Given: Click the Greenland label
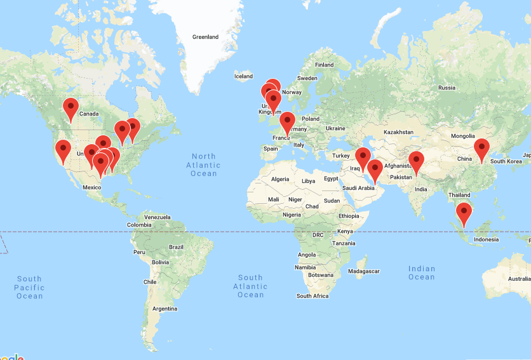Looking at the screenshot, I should [205, 37].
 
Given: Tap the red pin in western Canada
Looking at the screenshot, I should [71, 108].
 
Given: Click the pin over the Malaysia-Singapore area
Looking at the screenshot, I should [464, 213].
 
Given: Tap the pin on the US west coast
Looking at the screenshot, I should [63, 150].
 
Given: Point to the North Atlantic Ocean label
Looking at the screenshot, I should [204, 164].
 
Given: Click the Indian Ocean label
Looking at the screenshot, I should [422, 272].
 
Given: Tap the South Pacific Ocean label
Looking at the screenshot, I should [29, 287].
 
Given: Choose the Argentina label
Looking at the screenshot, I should [164, 309].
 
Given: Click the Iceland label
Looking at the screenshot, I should [243, 76].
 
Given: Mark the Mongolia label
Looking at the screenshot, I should [462, 136].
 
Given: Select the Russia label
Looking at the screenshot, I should [447, 88].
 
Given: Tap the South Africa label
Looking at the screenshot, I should [313, 296].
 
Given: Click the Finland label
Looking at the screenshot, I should [324, 65].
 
